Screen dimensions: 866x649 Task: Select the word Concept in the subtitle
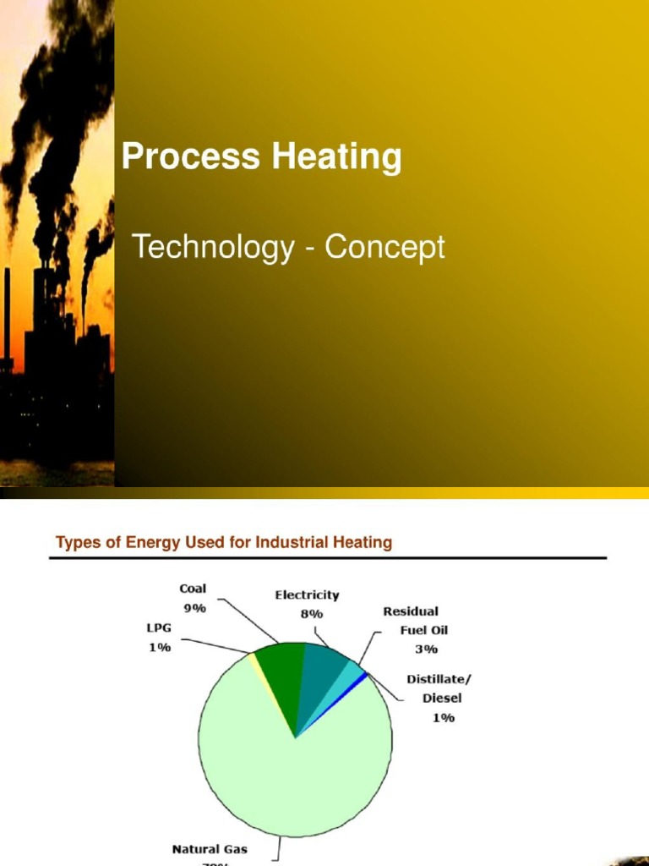point(385,248)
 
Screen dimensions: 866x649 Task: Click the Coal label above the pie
point(193,589)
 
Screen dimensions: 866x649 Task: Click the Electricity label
point(307,595)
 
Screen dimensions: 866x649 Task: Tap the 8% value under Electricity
point(311,614)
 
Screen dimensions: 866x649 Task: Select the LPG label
point(158,629)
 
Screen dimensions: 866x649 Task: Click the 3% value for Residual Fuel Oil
point(426,649)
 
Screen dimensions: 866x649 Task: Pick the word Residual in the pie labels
point(412,611)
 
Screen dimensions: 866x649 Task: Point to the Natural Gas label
point(210,848)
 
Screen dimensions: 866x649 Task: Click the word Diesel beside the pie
point(442,699)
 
